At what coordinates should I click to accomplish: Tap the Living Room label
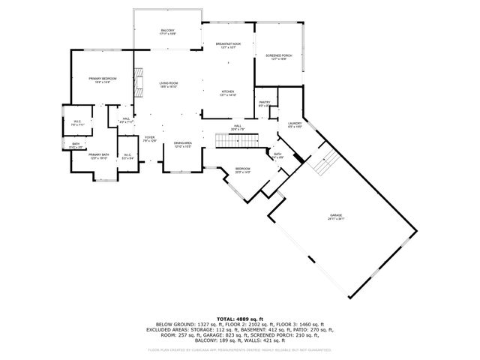tap(167, 84)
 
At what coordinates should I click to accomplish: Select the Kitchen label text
tap(228, 93)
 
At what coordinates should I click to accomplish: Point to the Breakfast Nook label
tap(226, 46)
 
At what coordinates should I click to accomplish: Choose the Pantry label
tap(264, 103)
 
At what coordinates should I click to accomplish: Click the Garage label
tap(335, 217)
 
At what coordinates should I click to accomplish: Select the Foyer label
tap(149, 139)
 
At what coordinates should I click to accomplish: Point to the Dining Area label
tap(183, 144)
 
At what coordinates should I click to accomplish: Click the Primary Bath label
tap(99, 156)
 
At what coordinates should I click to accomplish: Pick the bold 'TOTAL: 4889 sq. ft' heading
tap(239, 319)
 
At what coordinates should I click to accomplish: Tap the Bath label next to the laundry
tap(277, 155)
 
